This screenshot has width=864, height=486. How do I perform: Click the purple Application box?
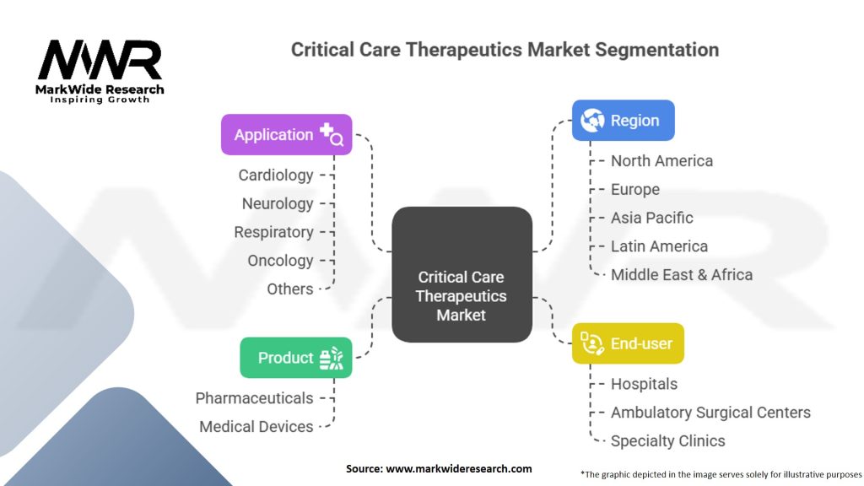click(287, 134)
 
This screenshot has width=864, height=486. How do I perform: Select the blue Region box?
click(624, 120)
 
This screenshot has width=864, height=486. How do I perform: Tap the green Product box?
click(296, 358)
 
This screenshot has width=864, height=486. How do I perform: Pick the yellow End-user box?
click(628, 343)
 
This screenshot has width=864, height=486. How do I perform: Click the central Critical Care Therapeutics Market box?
click(462, 274)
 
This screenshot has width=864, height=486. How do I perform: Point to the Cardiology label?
click(276, 175)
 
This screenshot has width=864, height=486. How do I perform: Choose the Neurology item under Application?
click(277, 204)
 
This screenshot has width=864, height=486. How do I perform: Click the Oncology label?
click(280, 261)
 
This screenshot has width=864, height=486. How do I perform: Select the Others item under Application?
click(290, 289)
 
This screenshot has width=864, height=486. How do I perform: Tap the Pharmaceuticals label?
click(254, 398)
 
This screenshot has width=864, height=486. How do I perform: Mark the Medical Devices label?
click(256, 426)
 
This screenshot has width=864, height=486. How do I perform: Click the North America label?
click(661, 161)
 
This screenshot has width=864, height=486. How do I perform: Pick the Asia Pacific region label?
click(652, 218)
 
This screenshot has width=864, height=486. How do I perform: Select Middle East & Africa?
click(682, 274)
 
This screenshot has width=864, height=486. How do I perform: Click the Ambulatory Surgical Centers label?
click(710, 412)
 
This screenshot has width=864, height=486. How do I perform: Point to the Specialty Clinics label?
click(668, 440)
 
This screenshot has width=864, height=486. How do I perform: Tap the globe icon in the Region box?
click(592, 120)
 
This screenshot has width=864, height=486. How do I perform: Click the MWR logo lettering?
click(100, 60)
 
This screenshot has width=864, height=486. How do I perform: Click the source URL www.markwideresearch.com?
click(458, 469)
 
